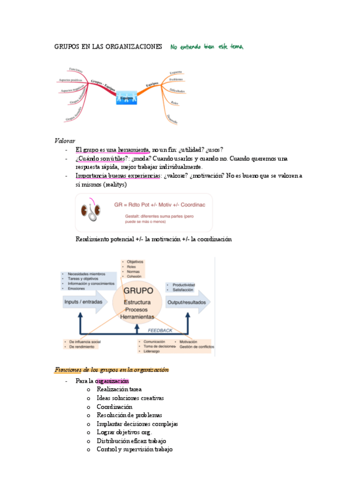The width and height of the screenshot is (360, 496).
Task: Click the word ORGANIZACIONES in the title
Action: pyautogui.click(x=131, y=47)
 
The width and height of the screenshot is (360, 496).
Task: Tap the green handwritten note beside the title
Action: pyautogui.click(x=207, y=46)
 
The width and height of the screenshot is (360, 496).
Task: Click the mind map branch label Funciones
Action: pyautogui.click(x=75, y=70)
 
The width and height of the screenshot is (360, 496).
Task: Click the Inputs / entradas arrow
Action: pyautogui.click(x=85, y=302)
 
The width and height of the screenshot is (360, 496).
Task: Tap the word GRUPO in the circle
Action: pyautogui.click(x=138, y=290)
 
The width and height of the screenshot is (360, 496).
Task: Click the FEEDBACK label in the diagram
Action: pyautogui.click(x=160, y=330)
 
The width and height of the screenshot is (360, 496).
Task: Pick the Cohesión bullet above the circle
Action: pyautogui.click(x=134, y=276)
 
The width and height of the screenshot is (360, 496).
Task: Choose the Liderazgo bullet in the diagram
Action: pyautogui.click(x=150, y=352)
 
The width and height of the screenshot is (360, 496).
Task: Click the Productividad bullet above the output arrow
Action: pyautogui.click(x=182, y=284)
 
